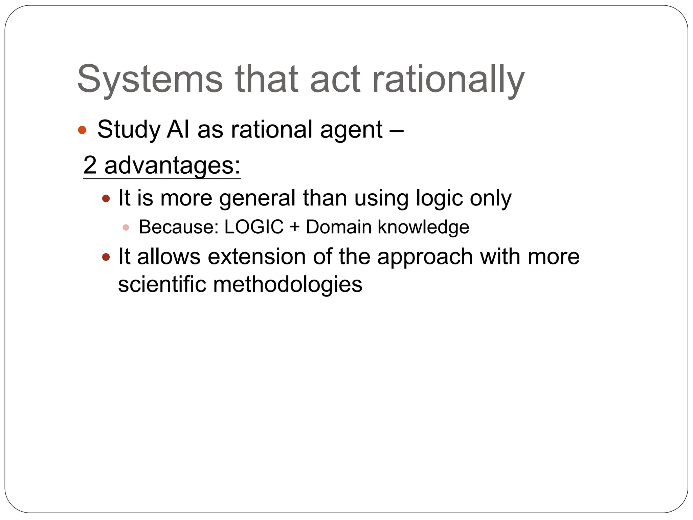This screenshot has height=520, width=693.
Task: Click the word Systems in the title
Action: tap(150, 80)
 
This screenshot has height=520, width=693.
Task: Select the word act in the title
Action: tap(335, 80)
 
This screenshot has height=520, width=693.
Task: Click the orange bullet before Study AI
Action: tap(82, 130)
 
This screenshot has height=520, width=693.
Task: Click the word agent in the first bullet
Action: tap(351, 130)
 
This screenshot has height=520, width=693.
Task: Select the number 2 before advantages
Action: tap(90, 165)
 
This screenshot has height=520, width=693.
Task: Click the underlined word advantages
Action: tap(172, 165)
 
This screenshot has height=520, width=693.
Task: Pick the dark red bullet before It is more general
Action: tap(106, 198)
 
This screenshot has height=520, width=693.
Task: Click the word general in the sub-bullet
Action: tap(257, 198)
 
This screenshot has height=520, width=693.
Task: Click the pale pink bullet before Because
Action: tap(126, 227)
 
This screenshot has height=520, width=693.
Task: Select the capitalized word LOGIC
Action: tap(254, 227)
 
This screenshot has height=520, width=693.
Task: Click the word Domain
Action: tap(339, 227)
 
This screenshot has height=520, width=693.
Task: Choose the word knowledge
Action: tap(423, 227)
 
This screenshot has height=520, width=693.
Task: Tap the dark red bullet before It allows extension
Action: tap(106, 257)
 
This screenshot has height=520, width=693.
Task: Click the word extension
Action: tap(257, 257)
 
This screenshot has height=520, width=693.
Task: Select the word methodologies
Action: tap(288, 284)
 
